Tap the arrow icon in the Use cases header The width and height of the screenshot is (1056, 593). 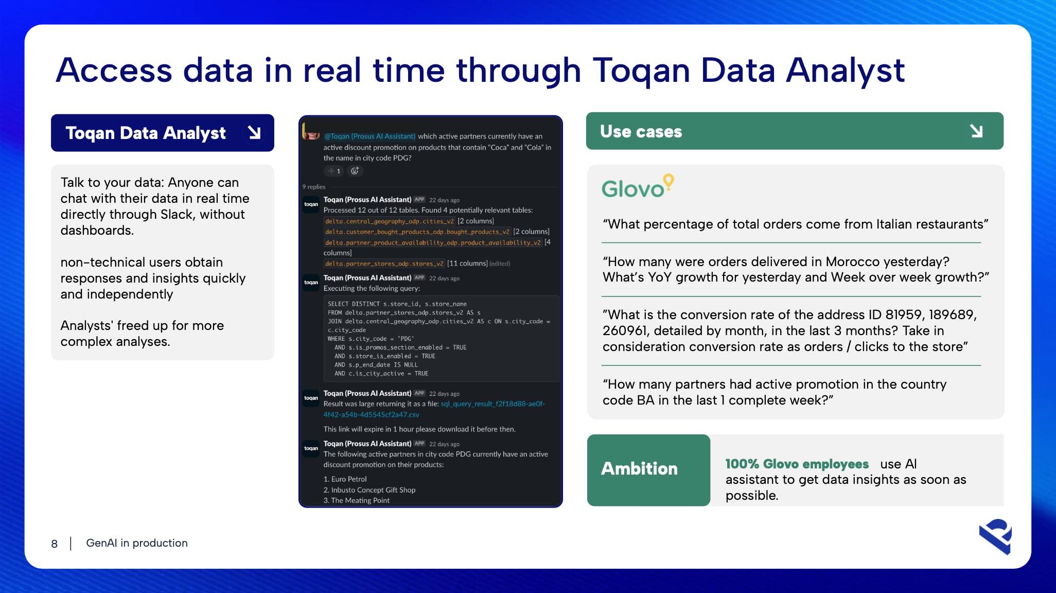point(976,131)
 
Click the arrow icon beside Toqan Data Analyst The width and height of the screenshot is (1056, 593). point(254,133)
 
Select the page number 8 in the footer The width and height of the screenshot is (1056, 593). point(54,544)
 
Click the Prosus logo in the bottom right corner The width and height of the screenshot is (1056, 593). point(996,536)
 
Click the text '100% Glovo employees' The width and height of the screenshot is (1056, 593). point(797,464)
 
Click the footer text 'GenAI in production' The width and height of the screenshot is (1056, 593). point(137,543)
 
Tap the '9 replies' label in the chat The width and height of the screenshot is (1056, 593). point(314,187)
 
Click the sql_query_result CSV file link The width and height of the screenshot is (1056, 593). point(434,409)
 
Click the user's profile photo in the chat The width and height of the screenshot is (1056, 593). point(310,131)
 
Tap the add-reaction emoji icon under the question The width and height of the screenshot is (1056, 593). point(355,171)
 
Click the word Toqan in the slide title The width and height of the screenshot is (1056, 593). point(641,71)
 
